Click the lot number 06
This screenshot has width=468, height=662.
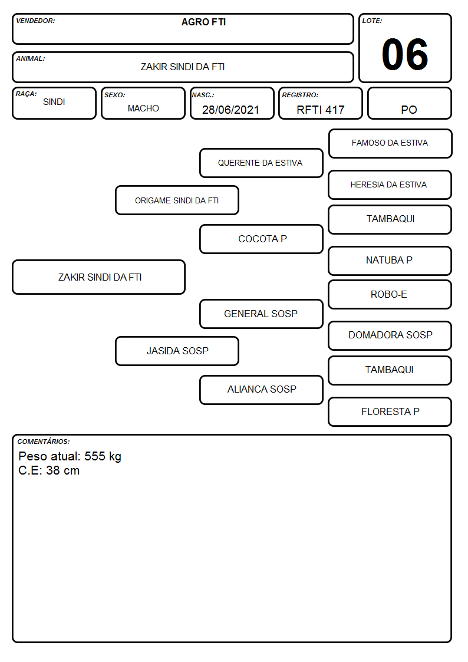point(405,54)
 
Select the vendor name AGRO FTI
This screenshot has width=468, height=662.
point(203,22)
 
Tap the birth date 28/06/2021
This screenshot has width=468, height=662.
point(230,110)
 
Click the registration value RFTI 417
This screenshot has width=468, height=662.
point(320,110)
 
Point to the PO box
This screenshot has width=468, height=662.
point(409,103)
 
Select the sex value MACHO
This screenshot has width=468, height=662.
point(143,108)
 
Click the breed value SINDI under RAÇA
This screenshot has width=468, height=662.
point(54,102)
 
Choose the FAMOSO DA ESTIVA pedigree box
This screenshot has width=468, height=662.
point(390,144)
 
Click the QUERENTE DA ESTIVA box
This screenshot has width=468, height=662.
point(261,163)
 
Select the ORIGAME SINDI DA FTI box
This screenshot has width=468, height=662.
point(177,200)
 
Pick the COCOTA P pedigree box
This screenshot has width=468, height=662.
point(261,239)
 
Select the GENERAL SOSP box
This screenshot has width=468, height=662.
point(261,314)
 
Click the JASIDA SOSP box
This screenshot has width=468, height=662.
point(177,351)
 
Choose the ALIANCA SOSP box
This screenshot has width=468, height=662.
point(261,390)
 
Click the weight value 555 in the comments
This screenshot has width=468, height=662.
point(94,456)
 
